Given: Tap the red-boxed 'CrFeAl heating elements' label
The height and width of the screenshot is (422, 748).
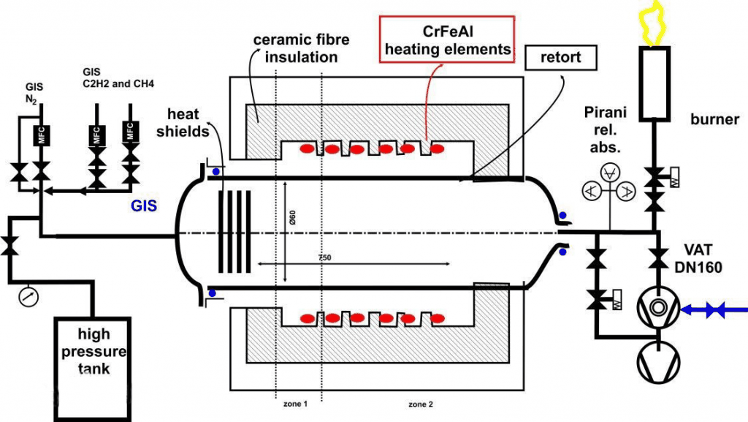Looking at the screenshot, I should pyautogui.click(x=448, y=39).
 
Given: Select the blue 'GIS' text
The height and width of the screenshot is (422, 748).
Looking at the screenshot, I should pyautogui.click(x=145, y=206).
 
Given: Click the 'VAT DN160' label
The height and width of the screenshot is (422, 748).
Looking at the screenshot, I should pyautogui.click(x=703, y=257).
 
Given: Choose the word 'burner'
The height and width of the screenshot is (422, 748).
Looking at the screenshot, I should pyautogui.click(x=714, y=119).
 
